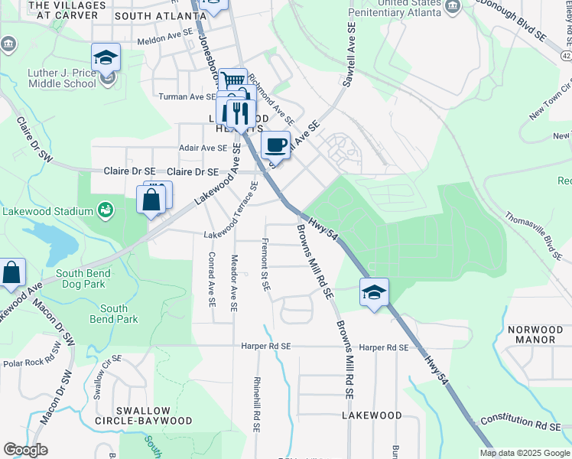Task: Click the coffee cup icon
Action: (x=276, y=144)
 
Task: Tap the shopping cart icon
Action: (x=232, y=80)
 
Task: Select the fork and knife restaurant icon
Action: (x=241, y=113)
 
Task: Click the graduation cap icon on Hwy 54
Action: (x=374, y=292)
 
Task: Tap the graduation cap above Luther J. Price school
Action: (x=106, y=57)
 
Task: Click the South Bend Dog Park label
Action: (x=83, y=278)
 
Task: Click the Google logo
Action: (x=25, y=450)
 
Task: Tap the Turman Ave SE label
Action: (x=187, y=97)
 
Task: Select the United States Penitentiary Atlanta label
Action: (x=396, y=8)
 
